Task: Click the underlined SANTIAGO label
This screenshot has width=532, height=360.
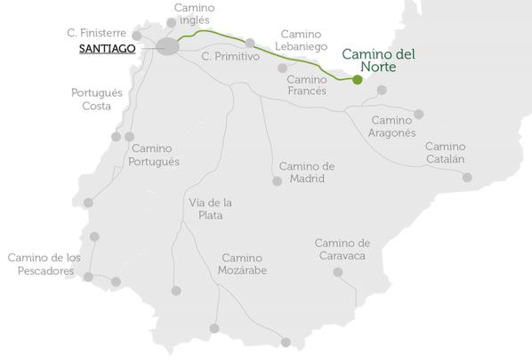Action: [107, 49]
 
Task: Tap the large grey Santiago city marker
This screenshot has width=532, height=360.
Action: [167, 47]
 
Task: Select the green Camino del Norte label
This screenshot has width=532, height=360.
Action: [378, 60]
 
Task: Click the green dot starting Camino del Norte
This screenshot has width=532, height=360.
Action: [357, 80]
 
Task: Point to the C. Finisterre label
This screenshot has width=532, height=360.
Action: [96, 33]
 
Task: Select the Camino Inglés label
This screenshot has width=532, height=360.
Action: [193, 14]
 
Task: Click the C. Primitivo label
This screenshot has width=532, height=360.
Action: [230, 56]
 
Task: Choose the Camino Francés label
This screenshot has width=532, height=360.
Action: [307, 84]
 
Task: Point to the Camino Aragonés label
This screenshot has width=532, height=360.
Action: [391, 126]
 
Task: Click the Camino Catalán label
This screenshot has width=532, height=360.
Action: [445, 152]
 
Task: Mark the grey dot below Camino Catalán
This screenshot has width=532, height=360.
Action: [467, 178]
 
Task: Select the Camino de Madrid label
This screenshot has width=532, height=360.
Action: [307, 172]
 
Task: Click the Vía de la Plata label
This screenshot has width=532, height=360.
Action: [211, 208]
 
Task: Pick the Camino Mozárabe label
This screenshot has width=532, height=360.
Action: [244, 264]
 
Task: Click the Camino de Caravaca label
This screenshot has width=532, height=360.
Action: [342, 249]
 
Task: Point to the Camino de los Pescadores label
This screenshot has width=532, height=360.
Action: [44, 264]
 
